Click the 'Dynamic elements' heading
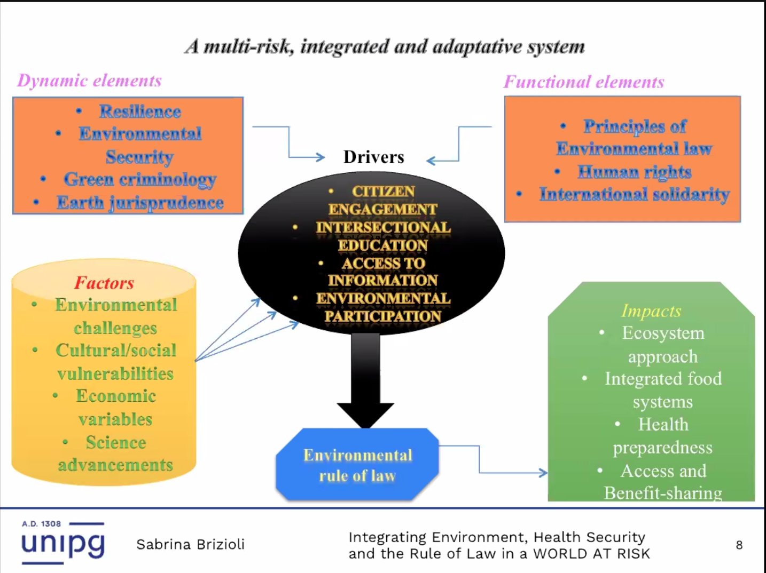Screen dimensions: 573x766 pyautogui.click(x=89, y=81)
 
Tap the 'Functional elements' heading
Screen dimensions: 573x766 pyautogui.click(x=584, y=82)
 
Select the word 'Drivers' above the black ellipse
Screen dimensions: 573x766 pyautogui.click(x=374, y=157)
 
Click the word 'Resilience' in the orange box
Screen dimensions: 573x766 pyautogui.click(x=140, y=112)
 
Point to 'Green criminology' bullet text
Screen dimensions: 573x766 pyautogui.click(x=140, y=179)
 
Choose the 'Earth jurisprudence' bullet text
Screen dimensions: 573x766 pyautogui.click(x=140, y=203)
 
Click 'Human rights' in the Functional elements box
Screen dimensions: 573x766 pyautogui.click(x=635, y=172)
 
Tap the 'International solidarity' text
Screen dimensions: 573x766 pyautogui.click(x=634, y=194)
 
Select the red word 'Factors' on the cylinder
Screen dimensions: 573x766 pyautogui.click(x=104, y=282)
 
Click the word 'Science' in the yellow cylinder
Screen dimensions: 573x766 pyautogui.click(x=116, y=442)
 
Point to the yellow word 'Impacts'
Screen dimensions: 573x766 pyautogui.click(x=651, y=311)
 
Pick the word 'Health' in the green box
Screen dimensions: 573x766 pyautogui.click(x=663, y=424)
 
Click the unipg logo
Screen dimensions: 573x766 pyautogui.click(x=62, y=543)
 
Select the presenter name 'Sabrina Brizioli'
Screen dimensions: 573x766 pyautogui.click(x=190, y=544)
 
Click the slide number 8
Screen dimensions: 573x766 pyautogui.click(x=739, y=545)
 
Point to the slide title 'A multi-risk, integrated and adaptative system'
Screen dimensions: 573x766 pyautogui.click(x=385, y=47)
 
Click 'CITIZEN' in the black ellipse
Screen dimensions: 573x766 pyautogui.click(x=383, y=191)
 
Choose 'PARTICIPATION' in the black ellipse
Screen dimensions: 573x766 pyautogui.click(x=383, y=316)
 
